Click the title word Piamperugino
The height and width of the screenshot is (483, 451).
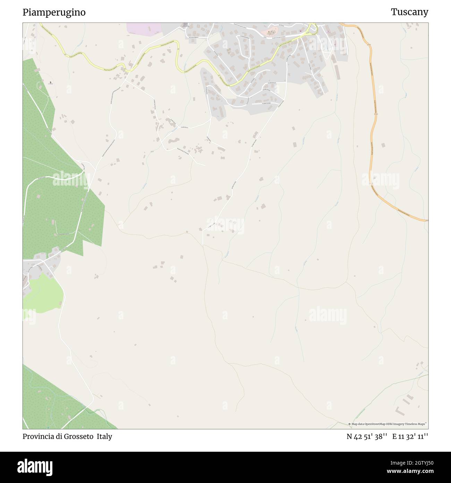coord(54,13)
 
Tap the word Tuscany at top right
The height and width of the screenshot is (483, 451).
coord(409,12)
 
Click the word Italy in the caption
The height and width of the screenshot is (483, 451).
coord(104,436)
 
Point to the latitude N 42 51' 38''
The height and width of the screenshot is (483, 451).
coord(367,437)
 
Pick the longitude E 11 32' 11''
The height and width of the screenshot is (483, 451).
coord(410,437)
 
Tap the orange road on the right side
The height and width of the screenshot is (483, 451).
coord(373,139)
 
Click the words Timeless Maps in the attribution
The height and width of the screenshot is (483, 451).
coord(418,424)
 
